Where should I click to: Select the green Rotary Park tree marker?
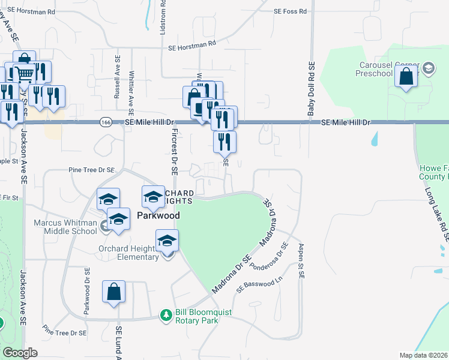coord(166,314)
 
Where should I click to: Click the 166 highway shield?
coord(106,122)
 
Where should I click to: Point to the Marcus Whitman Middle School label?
coord(66,226)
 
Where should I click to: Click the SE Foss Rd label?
coord(290,11)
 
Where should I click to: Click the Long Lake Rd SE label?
coord(436,214)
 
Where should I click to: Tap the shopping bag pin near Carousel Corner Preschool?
coord(406,77)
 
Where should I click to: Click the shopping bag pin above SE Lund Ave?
coord(113,292)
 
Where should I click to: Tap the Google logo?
coord(20,353)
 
